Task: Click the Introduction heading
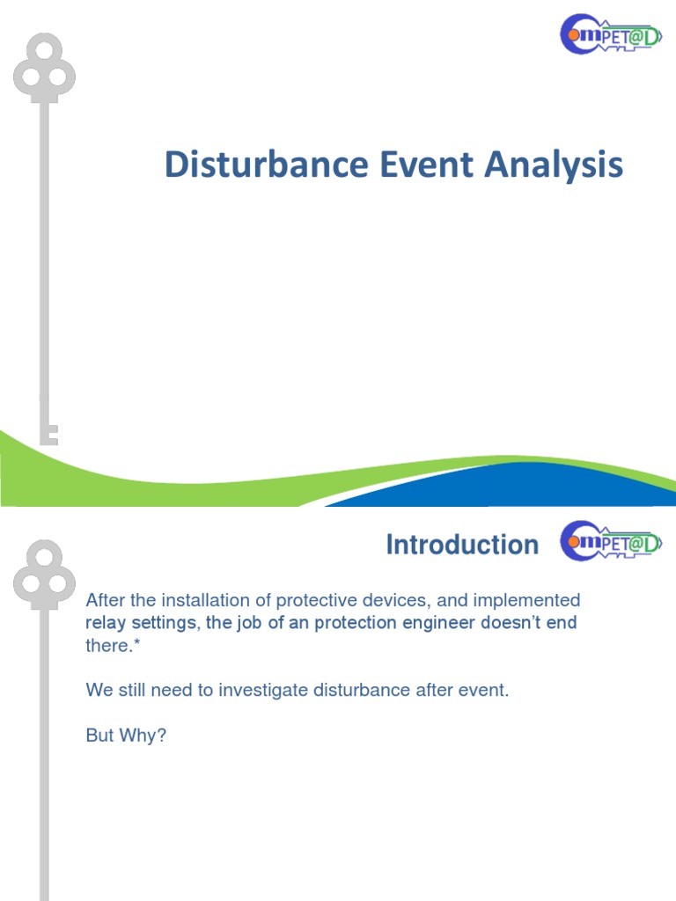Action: click(462, 545)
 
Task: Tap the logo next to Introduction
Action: click(610, 544)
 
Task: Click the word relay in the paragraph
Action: click(105, 623)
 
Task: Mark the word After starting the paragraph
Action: click(105, 600)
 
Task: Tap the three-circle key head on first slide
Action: click(44, 69)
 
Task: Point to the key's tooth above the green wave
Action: click(51, 433)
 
